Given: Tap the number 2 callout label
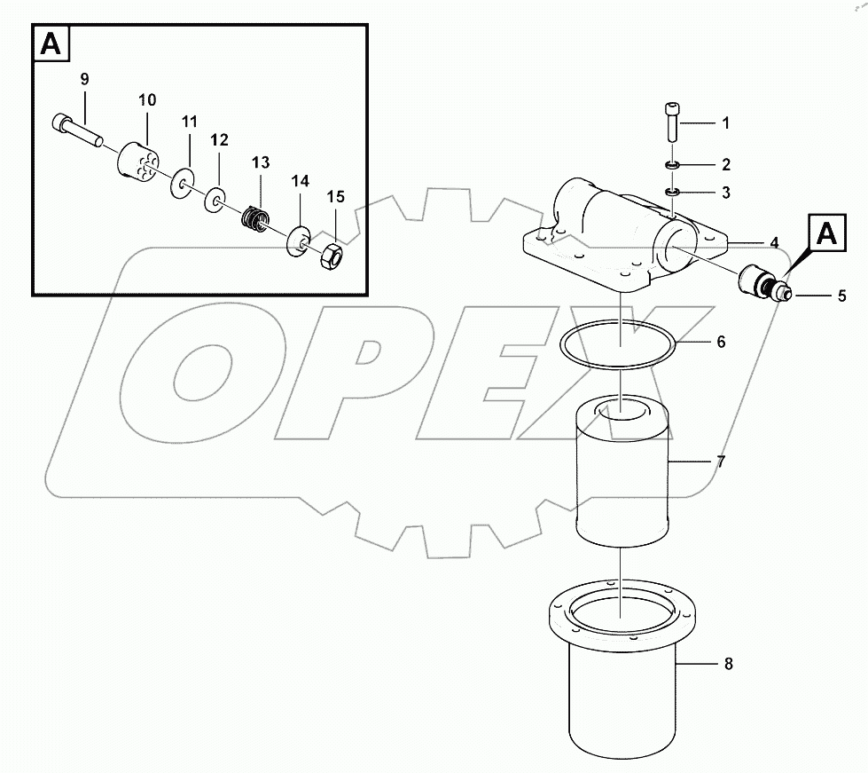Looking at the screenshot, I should coord(725,164).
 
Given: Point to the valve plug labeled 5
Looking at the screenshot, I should coord(759,283).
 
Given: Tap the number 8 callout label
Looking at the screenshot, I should coord(728,663).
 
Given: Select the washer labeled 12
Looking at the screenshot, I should coord(214,200).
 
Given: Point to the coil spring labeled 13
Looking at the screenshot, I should coord(256,216).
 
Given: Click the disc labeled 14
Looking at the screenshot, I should coord(296,239).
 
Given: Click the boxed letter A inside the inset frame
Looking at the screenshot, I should coord(52,44).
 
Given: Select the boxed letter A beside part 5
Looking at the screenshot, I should coord(825,233).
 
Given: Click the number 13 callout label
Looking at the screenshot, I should coord(260,162).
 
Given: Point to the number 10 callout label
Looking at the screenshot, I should coord(146,99).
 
